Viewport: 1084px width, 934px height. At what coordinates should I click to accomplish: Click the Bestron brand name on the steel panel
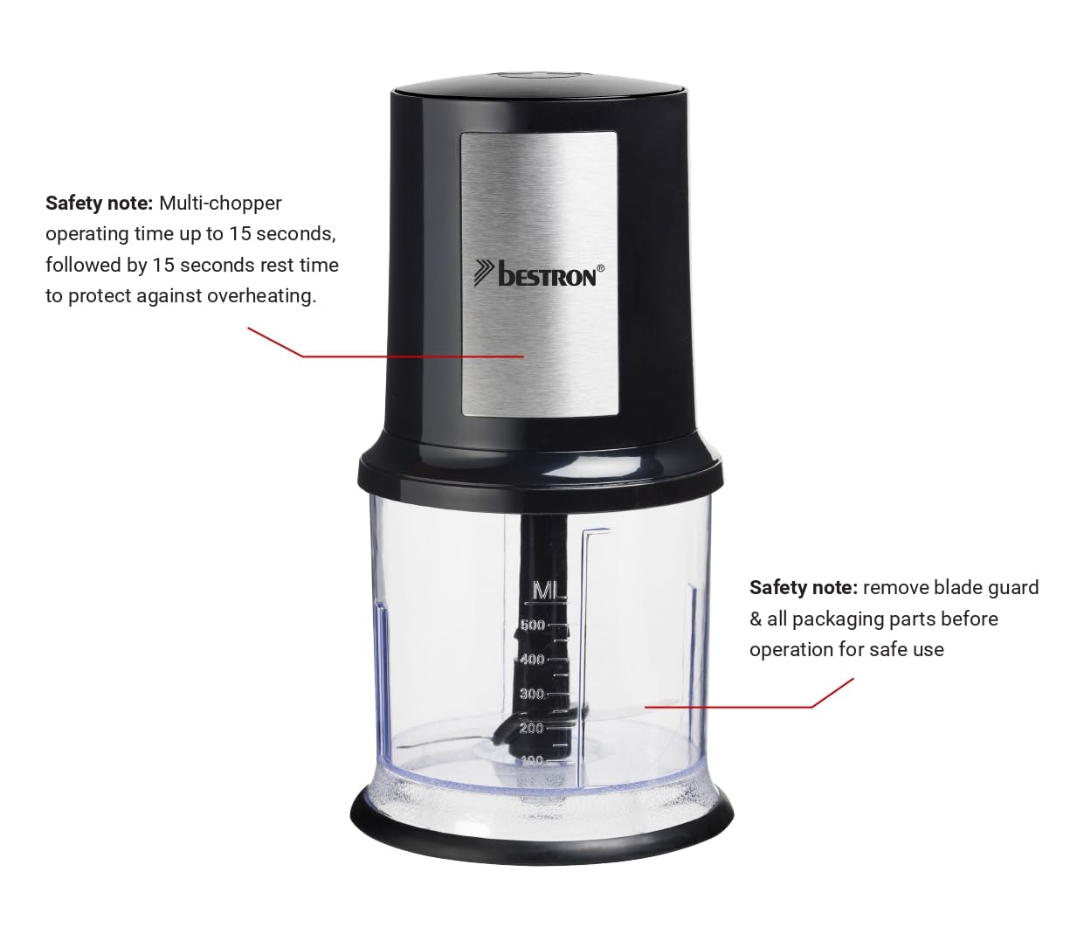(x=547, y=274)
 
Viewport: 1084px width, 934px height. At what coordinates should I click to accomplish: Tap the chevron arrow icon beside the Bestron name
(x=484, y=273)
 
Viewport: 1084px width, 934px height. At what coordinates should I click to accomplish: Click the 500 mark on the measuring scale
(x=532, y=625)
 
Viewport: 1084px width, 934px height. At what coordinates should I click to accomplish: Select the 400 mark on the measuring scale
(x=532, y=659)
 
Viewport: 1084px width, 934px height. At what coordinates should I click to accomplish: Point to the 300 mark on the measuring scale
(x=532, y=694)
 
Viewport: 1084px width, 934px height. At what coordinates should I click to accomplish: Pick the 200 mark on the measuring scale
(x=531, y=728)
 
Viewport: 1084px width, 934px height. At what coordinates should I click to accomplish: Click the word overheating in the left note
(x=262, y=296)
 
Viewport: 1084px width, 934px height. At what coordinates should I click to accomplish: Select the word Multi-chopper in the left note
(x=220, y=203)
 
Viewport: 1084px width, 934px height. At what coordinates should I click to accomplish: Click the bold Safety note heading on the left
(x=99, y=203)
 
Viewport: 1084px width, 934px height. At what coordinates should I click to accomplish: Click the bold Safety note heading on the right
(x=804, y=588)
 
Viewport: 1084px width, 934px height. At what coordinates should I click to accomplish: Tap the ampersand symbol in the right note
(x=756, y=619)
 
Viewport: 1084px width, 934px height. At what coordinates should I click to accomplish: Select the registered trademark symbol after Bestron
(x=601, y=268)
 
